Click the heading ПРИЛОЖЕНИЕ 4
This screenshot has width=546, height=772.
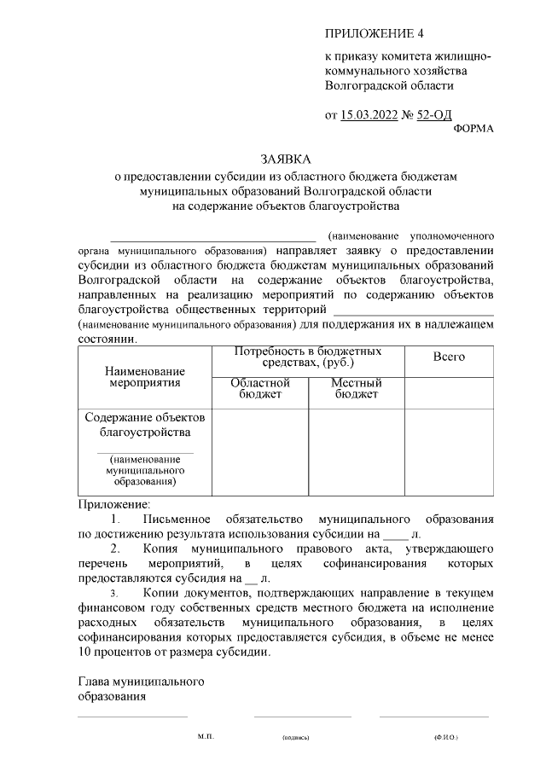coord(374,33)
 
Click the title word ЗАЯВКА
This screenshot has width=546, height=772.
coord(286,160)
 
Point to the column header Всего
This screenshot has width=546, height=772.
coord(449,357)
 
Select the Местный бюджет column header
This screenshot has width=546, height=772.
coord(357,388)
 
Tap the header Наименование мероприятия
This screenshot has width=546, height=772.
coord(145,376)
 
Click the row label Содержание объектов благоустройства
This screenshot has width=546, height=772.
coord(145,424)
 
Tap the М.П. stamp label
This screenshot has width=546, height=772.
coord(206,734)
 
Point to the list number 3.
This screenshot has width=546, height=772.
coord(115,591)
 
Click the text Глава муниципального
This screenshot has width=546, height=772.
coord(139,682)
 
